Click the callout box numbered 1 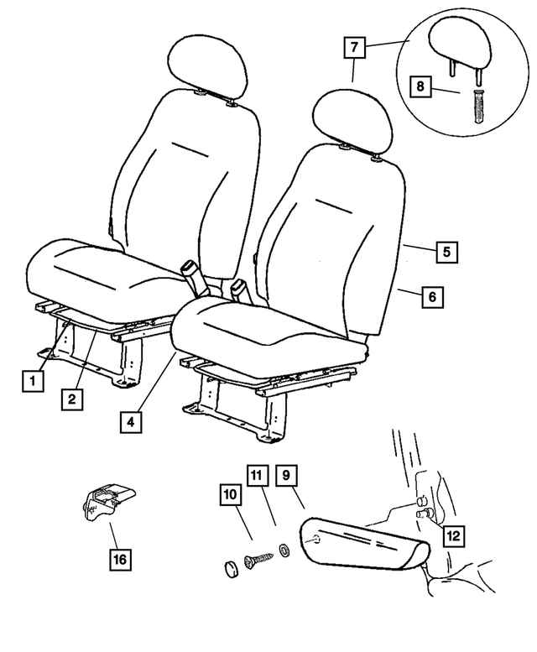33,380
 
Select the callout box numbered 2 72,399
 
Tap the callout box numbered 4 131,422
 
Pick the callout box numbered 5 447,252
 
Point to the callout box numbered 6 433,297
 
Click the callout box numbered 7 354,47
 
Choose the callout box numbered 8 420,86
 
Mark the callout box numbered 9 286,475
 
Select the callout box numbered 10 230,494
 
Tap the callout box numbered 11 258,475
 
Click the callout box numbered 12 453,535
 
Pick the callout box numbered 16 120,559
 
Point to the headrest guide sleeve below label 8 479,106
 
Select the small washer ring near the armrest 284,550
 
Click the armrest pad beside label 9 364,544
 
